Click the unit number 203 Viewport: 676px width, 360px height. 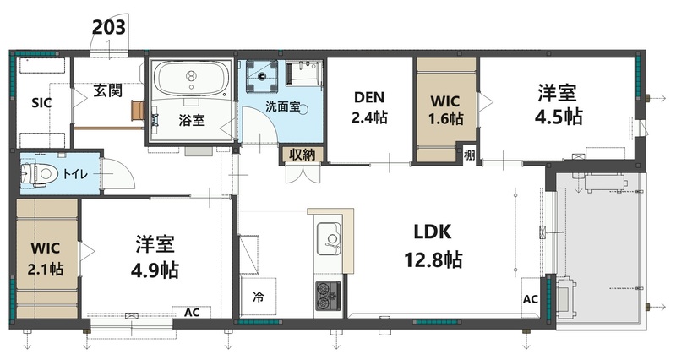coord(109,26)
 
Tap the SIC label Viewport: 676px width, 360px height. coord(41,104)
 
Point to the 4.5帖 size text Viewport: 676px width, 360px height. coord(560,115)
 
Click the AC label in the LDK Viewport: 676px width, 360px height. coord(531,299)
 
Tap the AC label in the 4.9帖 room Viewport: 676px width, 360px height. coord(192,312)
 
